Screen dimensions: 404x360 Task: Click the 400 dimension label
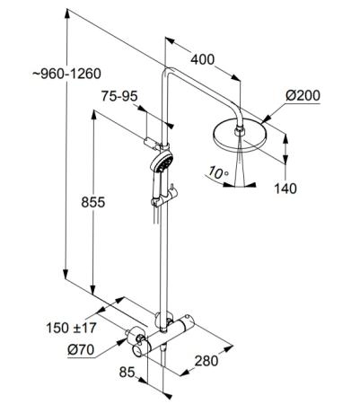(x=203, y=60)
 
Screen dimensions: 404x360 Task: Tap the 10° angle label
(x=217, y=171)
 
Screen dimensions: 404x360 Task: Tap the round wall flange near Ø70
(x=136, y=340)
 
